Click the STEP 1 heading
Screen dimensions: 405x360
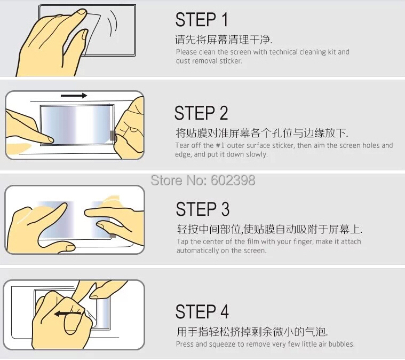202,20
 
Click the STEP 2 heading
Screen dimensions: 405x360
201,113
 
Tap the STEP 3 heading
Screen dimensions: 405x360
203,209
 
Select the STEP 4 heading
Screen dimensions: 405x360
202,311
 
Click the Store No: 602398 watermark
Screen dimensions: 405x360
203,180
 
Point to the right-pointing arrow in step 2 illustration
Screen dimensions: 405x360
74,96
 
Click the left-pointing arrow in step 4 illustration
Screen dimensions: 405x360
68,314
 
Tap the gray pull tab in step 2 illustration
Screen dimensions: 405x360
113,136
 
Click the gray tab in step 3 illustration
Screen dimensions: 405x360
113,236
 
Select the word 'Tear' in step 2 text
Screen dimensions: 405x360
181,145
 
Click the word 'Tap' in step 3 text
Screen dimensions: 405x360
182,242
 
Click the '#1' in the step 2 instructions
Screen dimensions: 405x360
220,145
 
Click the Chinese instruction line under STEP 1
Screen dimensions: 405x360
224,40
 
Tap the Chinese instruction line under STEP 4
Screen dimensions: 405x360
252,332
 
